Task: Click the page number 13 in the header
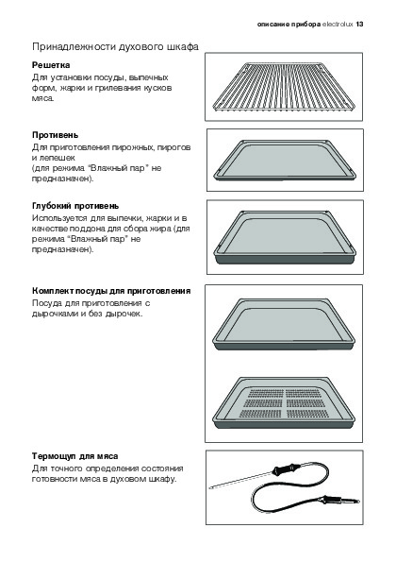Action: click(x=359, y=25)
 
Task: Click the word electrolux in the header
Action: click(x=338, y=25)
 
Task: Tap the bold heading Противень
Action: click(x=55, y=135)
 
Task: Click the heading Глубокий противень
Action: click(x=75, y=206)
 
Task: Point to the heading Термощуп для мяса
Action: click(x=75, y=456)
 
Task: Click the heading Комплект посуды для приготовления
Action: click(x=111, y=291)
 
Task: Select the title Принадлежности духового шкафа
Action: click(x=115, y=47)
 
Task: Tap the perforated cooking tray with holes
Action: click(x=284, y=403)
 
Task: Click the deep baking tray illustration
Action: click(x=284, y=237)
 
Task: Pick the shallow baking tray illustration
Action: click(x=285, y=161)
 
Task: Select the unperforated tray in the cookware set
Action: click(x=284, y=324)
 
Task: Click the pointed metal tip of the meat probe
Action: click(x=210, y=487)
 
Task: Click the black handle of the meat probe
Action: click(x=286, y=468)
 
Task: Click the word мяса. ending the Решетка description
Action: click(x=43, y=98)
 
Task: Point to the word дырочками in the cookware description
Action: click(x=54, y=314)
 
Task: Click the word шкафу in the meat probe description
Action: click(x=162, y=479)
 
